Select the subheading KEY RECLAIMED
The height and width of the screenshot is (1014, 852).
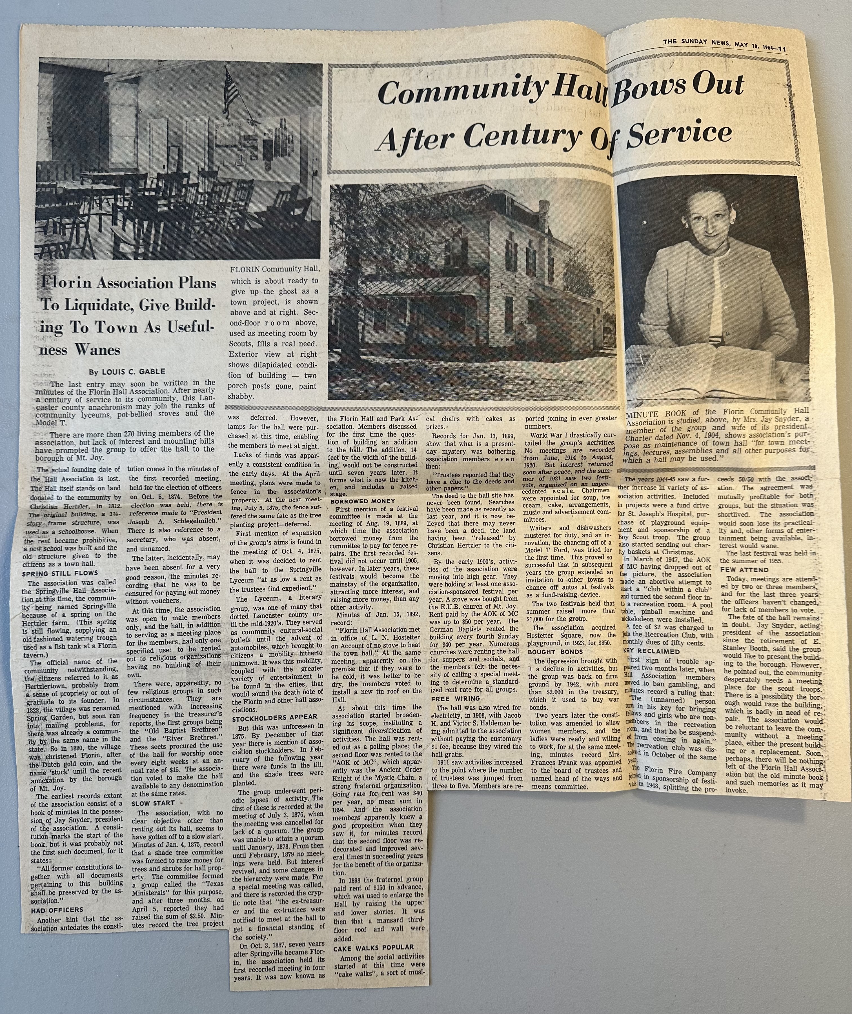click(647, 650)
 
